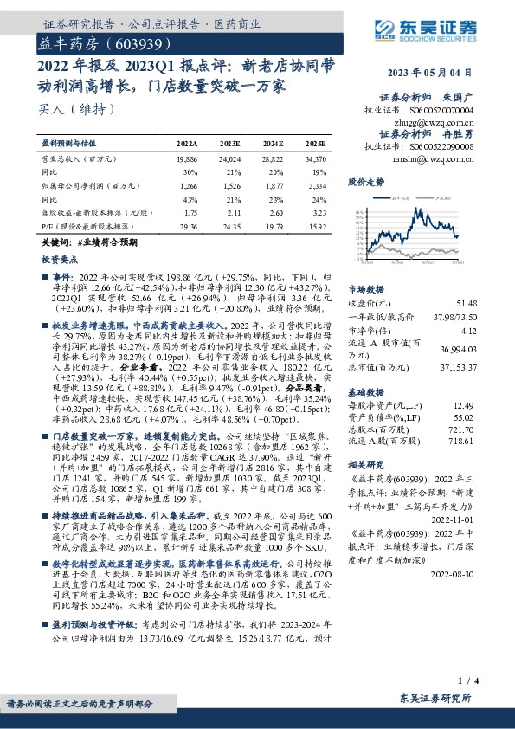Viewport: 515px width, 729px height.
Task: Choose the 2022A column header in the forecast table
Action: click(187, 143)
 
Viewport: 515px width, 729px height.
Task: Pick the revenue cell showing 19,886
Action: click(187, 159)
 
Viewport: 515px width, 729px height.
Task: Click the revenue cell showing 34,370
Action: click(315, 159)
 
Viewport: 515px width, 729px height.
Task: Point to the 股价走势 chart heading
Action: click(365, 183)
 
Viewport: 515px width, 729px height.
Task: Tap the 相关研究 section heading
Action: click(365, 464)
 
